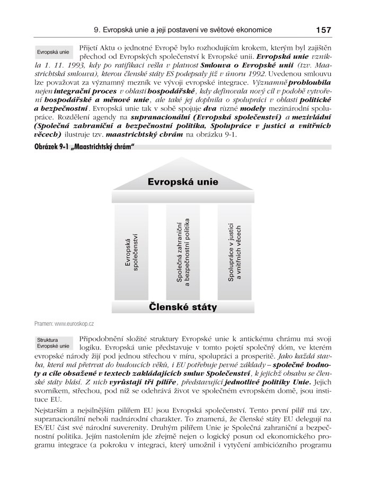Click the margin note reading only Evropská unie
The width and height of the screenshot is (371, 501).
coord(52,53)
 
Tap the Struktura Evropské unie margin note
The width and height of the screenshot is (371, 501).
coord(52,343)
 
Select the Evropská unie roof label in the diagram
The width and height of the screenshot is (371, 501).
coord(182,182)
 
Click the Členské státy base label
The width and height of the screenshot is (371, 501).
coord(182,307)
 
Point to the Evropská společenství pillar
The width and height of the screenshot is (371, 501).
coord(131,252)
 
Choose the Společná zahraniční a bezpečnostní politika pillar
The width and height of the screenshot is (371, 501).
coord(183,252)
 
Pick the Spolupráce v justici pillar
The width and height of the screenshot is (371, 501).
coord(234,252)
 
